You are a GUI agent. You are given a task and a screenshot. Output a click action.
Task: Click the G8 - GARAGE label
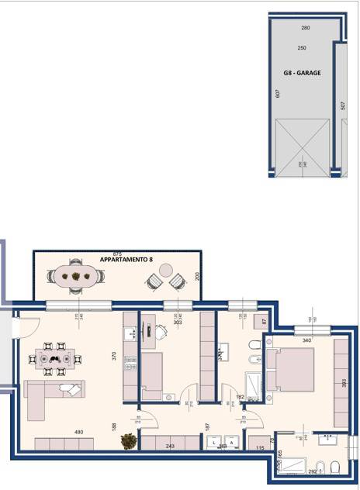[302, 73]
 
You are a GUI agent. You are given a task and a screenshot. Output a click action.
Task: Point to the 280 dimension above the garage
[305, 28]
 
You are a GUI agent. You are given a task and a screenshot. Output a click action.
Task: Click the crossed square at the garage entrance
[302, 149]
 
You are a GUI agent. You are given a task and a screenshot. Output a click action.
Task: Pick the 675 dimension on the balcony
[118, 254]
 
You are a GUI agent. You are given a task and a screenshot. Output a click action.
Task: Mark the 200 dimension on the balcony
[197, 276]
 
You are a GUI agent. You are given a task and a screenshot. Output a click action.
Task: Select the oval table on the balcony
[75, 275]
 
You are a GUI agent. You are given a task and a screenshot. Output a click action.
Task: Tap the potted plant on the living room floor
[128, 440]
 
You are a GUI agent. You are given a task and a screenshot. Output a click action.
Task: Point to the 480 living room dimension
[78, 432]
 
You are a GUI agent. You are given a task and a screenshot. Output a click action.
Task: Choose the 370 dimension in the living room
[113, 357]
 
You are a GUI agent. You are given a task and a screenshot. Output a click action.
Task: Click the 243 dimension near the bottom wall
[169, 446]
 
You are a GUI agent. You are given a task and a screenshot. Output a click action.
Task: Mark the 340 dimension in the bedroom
[306, 340]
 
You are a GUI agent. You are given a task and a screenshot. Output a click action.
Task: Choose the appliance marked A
[231, 443]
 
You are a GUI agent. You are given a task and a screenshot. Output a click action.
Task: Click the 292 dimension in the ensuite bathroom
[313, 470]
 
